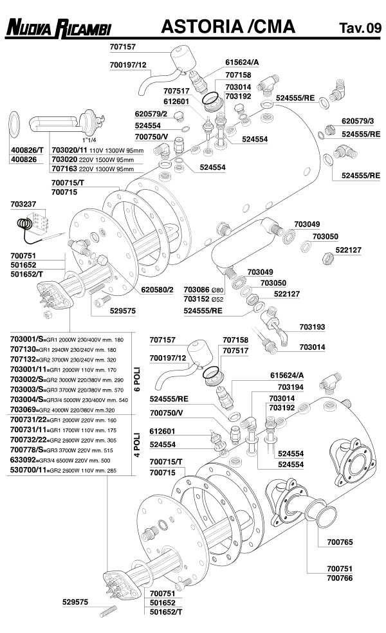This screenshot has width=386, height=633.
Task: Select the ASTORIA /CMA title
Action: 228,26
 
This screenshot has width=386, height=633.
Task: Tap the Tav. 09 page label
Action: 360,28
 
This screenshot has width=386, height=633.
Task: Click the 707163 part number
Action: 64,169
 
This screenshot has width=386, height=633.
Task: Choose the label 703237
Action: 24,204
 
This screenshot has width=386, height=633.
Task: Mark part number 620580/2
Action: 158,289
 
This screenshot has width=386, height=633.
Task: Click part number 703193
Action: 313,327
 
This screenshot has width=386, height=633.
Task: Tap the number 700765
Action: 340,542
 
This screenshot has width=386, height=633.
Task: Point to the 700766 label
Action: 340,578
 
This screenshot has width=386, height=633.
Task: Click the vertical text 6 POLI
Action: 136,380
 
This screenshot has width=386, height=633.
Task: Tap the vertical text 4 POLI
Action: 136,443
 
